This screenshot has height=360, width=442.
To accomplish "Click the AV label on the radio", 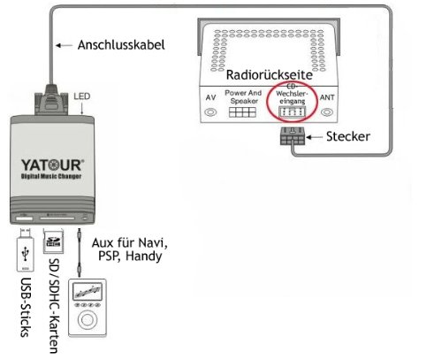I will point(210,98).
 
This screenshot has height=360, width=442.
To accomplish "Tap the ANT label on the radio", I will point(328,98).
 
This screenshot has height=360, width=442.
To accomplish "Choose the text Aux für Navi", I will point(129,242).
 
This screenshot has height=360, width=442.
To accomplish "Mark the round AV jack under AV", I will point(210,113).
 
